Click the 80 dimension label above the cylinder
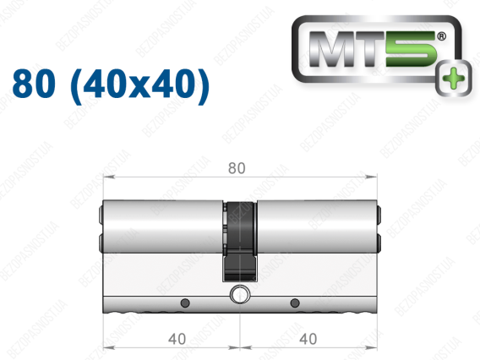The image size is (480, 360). [237, 168]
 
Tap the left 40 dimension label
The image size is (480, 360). [177, 339]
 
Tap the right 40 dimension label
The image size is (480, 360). [308, 339]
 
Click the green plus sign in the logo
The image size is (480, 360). [454, 79]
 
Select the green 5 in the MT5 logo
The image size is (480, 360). [411, 49]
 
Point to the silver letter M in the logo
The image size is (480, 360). [333, 49]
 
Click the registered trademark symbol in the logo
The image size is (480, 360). [441, 36]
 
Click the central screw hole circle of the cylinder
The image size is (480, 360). [240, 294]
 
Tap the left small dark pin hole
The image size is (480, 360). [185, 303]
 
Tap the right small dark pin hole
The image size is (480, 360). [295, 303]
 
